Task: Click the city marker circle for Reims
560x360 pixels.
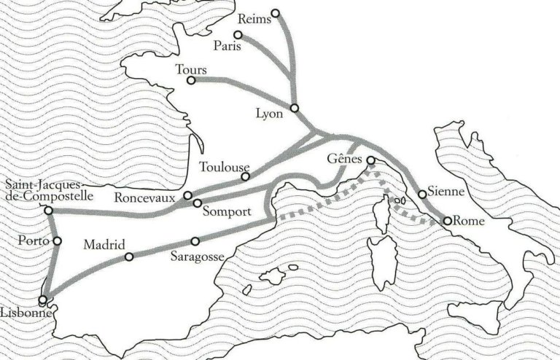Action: [275, 13]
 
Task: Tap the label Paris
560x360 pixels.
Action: [228, 46]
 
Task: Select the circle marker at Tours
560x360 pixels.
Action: [190, 79]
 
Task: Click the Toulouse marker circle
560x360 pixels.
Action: [246, 176]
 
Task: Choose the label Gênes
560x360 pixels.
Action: [345, 160]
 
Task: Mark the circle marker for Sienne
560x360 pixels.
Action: [422, 194]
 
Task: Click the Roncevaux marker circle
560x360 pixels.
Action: [187, 195]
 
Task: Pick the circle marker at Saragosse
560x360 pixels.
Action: [195, 241]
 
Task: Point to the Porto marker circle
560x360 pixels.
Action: [58, 241]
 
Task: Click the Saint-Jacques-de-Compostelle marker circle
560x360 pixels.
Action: [48, 211]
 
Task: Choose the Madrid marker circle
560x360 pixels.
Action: [129, 257]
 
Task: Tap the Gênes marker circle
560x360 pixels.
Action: [370, 160]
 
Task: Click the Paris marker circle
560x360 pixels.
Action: [238, 35]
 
